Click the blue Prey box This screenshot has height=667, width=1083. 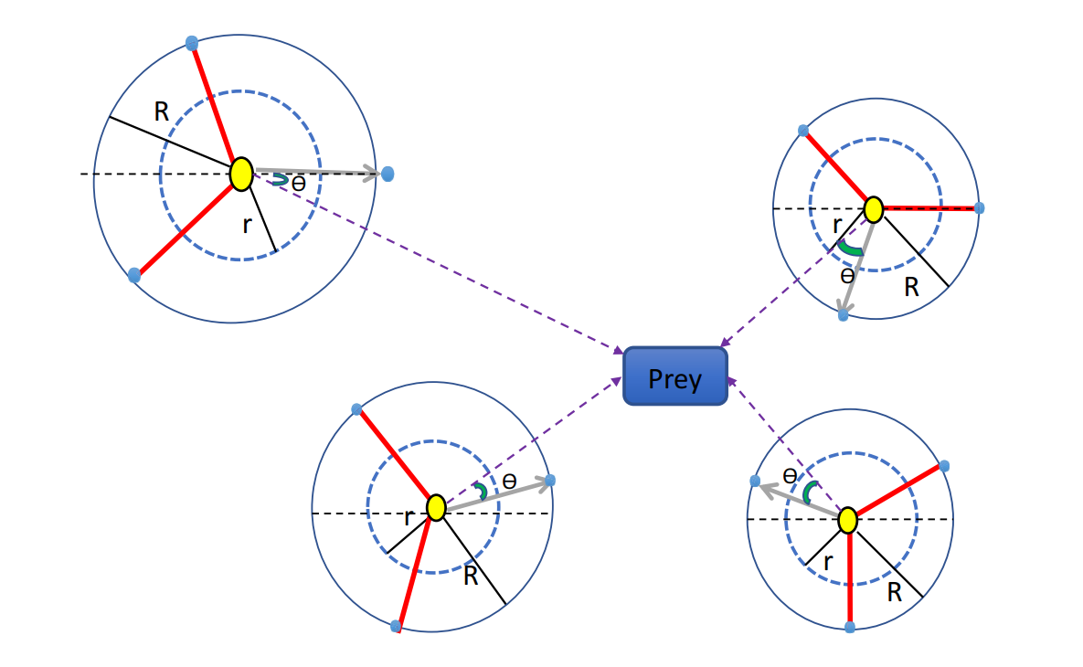[x=674, y=376]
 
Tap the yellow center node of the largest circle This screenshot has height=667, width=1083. [x=240, y=174]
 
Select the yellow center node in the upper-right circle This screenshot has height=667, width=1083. [x=873, y=210]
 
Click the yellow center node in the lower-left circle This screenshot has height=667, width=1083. [x=436, y=507]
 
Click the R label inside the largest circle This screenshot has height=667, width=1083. [x=162, y=112]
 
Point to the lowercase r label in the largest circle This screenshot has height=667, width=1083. [x=247, y=225]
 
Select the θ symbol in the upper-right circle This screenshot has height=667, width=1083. [x=847, y=273]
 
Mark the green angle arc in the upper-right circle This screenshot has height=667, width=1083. [x=850, y=248]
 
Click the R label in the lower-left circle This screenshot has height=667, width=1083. [x=471, y=577]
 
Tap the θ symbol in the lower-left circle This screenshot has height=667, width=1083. [x=509, y=480]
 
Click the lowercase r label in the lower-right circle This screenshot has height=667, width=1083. [x=828, y=562]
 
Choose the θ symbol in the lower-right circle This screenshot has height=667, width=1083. [x=791, y=475]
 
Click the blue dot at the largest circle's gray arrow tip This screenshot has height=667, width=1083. [x=388, y=173]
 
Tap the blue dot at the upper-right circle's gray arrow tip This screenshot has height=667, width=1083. [x=843, y=314]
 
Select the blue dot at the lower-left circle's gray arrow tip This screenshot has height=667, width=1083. [x=550, y=481]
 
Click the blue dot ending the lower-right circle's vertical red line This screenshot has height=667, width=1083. [x=850, y=627]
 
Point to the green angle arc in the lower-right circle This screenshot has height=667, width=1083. [x=808, y=492]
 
